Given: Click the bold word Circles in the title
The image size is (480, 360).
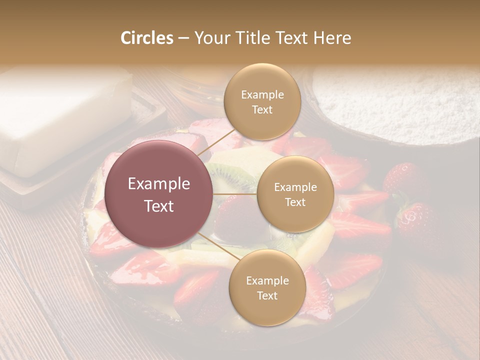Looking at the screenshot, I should point(146,38).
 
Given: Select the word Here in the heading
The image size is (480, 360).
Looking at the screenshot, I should point(332,38).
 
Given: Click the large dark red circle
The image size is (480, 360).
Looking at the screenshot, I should point(158,194).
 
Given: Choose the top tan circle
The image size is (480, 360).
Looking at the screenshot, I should point(261,102).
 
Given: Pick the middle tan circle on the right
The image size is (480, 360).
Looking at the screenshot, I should point(295,194).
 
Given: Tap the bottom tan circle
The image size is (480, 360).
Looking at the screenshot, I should point(267,287).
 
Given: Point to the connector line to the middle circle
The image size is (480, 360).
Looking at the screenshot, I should point(235,194).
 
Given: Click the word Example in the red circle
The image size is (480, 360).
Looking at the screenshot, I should point(158,184).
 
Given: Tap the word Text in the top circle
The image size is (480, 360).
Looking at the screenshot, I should point(262,110).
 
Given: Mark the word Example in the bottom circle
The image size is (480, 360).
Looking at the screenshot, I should point(267,280).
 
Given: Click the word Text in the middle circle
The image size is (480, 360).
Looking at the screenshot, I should point(295,202).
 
